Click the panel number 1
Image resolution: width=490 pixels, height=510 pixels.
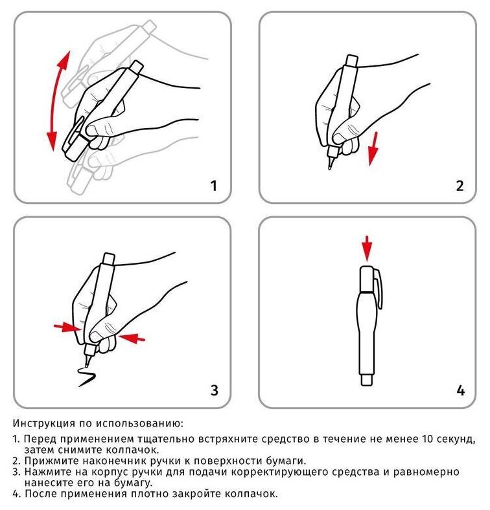214,186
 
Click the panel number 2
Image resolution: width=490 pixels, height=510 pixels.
460,186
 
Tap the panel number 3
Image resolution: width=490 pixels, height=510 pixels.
214,390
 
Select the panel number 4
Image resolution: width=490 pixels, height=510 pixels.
460,390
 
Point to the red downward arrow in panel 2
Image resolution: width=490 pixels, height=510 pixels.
373,148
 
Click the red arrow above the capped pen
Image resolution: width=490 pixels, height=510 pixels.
367,249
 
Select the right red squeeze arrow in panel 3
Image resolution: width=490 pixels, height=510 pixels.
132,338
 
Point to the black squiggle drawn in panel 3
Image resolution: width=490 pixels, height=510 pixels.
87,377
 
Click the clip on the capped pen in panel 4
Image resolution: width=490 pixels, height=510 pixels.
379,288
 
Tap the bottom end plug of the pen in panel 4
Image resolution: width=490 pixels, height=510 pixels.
367,380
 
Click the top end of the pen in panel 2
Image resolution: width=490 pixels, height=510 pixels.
352,60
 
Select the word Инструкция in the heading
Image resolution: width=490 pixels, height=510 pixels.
44,423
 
